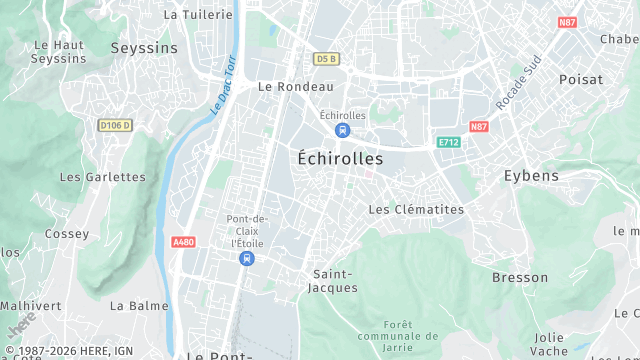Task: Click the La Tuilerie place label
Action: click(x=198, y=15)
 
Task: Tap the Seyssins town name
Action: click(x=144, y=48)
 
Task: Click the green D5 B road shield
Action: click(x=325, y=59)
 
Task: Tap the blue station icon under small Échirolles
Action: click(x=343, y=131)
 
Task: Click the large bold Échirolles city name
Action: click(x=340, y=158)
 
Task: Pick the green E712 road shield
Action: click(x=448, y=143)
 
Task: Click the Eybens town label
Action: click(x=530, y=176)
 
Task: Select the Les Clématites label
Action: click(x=416, y=210)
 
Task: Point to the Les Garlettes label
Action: click(x=103, y=177)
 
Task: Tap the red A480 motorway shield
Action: click(x=183, y=242)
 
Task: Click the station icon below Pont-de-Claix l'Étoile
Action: click(x=246, y=258)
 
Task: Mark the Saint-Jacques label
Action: click(x=334, y=281)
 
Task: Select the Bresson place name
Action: click(x=520, y=277)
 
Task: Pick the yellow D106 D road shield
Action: click(x=115, y=125)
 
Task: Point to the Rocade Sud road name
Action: click(x=518, y=83)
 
